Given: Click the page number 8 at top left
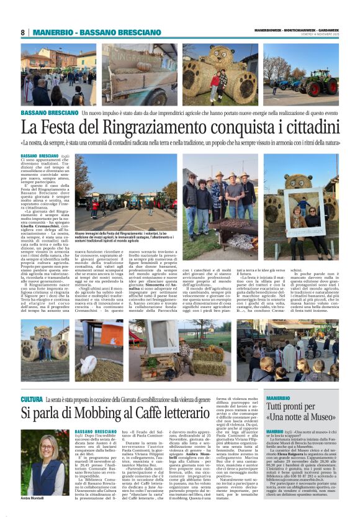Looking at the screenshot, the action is tap(22, 32).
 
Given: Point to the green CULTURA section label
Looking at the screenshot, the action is tap(32, 399).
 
